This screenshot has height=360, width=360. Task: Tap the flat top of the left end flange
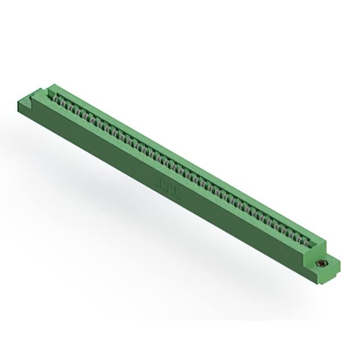[35, 96]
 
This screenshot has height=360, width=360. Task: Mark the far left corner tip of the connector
[17, 102]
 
